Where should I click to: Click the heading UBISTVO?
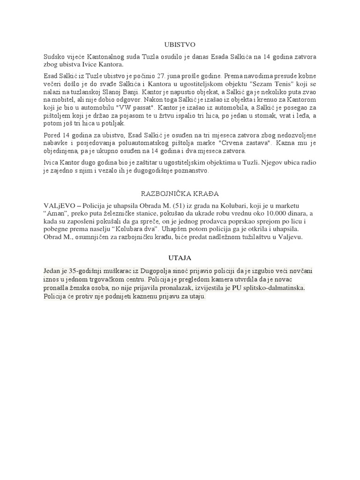tap(180, 45)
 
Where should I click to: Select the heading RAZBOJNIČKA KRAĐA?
tap(180, 193)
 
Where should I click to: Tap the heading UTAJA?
tap(180, 258)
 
